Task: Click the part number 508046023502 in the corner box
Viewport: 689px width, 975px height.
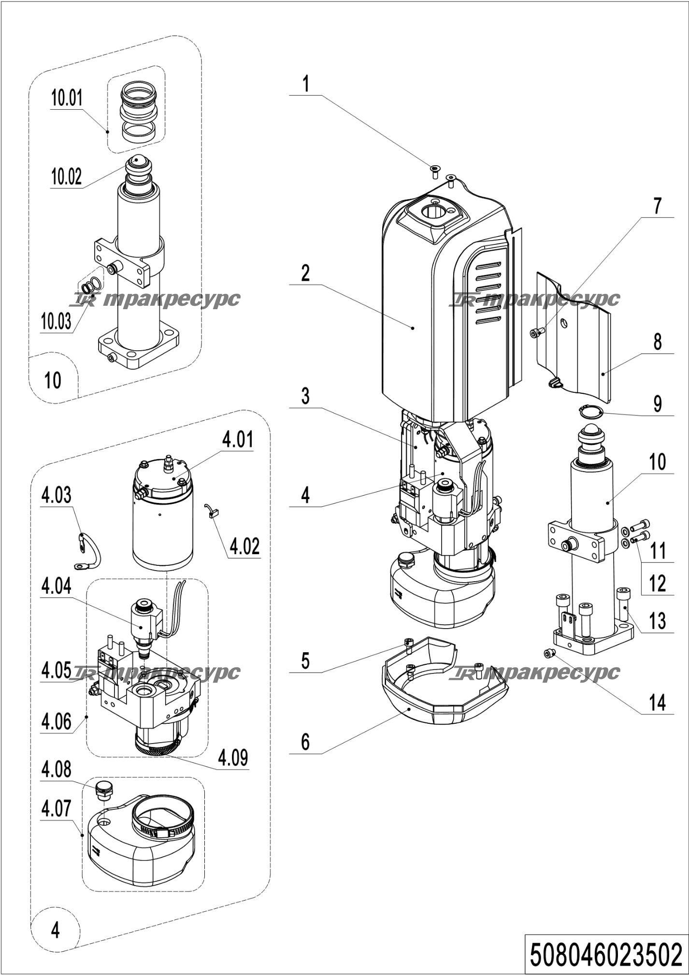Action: coord(606,954)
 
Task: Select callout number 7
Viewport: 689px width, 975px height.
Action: coord(657,206)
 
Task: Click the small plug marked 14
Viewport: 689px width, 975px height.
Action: coord(548,653)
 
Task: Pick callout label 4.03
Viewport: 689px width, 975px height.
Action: coord(56,495)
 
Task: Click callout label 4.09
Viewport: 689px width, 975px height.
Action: coord(233,757)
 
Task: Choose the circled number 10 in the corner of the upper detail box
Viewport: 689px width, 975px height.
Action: coord(53,380)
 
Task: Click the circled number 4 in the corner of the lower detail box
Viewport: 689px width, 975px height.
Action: coord(55,929)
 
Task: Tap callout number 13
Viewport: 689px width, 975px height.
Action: coord(657,621)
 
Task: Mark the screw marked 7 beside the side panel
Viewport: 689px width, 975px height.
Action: coord(537,332)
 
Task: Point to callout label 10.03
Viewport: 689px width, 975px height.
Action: coord(57,321)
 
